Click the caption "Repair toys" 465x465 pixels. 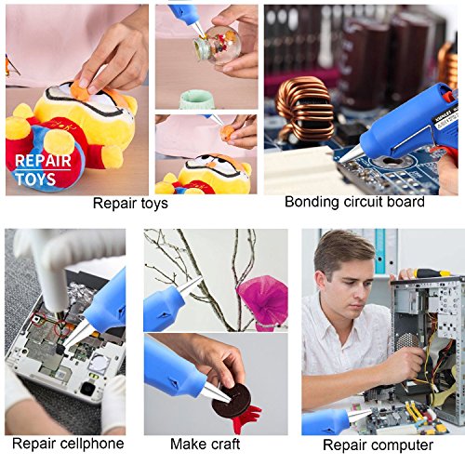tap(130, 204)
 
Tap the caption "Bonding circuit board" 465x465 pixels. tap(354, 202)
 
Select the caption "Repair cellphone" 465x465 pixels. tap(68, 444)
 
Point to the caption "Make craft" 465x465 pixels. tap(206, 444)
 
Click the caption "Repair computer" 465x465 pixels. tap(378, 445)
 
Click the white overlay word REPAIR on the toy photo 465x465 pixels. tap(43, 161)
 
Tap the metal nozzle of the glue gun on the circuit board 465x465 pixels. tap(352, 153)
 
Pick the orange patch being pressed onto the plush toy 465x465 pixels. tap(82, 91)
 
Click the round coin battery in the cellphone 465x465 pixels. tap(101, 360)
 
